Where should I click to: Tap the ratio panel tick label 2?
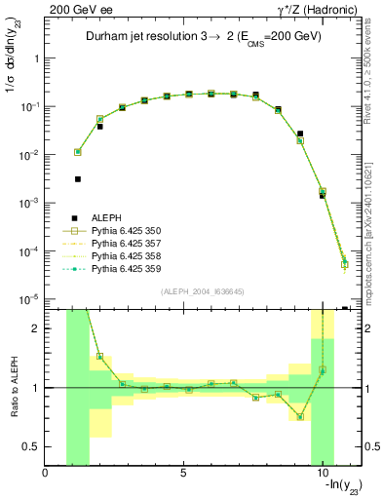(x=35, y=328)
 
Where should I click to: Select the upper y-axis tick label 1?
(x=35, y=58)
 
